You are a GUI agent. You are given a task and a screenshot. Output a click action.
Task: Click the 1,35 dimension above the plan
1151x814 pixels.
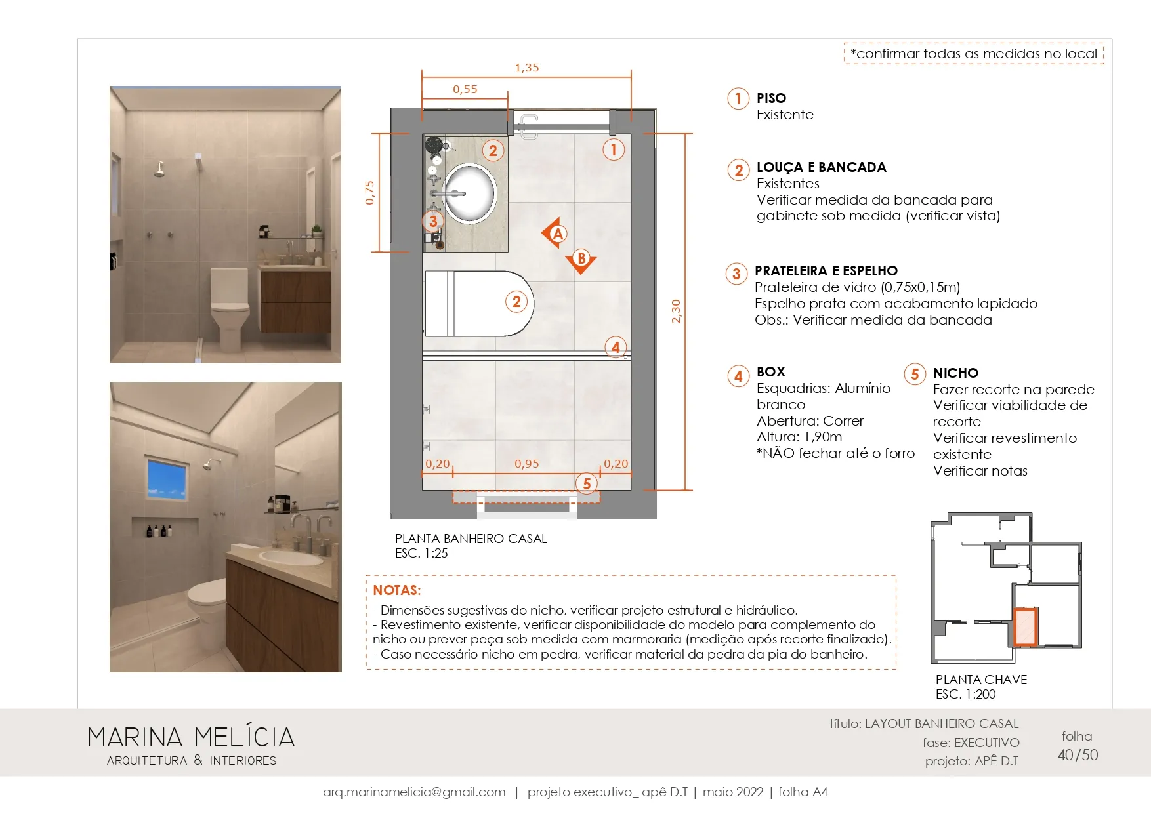(527, 68)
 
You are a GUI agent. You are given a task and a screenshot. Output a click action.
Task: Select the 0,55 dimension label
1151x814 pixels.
(465, 89)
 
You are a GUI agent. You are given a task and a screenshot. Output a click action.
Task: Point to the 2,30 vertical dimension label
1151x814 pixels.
(676, 311)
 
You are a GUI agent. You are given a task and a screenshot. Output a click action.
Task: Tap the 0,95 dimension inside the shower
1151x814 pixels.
(527, 464)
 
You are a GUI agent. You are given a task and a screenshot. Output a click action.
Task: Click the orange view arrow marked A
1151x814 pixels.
(555, 234)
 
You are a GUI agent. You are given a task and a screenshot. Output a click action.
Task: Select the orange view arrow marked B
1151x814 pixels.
(581, 260)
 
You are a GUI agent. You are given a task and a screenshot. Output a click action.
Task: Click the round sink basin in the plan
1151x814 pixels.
(469, 193)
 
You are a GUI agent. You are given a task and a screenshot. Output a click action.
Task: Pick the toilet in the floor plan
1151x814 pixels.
(479, 303)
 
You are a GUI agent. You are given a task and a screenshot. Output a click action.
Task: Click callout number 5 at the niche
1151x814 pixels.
(587, 484)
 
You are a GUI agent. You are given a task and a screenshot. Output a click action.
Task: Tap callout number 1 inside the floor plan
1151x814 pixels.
(614, 150)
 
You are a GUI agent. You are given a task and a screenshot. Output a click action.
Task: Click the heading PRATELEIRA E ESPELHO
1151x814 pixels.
(826, 271)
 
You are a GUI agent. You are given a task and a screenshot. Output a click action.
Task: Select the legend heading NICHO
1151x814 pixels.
(955, 373)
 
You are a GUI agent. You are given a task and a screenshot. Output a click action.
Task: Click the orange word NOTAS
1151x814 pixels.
(396, 590)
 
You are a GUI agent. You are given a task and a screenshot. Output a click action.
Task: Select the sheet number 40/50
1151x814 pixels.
(1078, 755)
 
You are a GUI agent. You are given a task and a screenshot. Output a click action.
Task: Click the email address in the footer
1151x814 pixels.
(414, 792)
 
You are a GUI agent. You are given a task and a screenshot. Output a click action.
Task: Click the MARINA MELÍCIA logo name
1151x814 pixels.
(191, 737)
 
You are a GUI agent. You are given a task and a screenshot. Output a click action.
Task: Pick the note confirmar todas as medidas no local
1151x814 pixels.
(974, 54)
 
